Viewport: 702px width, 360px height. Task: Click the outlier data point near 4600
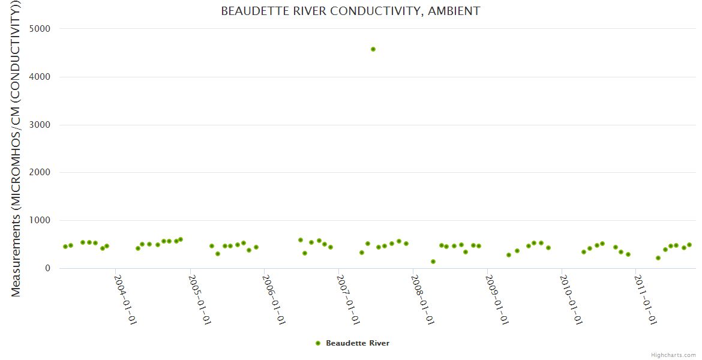click(x=373, y=49)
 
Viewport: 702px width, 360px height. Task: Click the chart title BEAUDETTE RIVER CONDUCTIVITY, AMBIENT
click(x=350, y=11)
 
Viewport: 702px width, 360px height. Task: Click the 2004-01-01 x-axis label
click(x=125, y=299)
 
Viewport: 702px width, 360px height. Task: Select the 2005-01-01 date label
click(x=200, y=299)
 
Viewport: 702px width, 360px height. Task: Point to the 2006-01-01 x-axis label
click(x=274, y=299)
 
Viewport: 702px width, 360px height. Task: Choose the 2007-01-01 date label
click(x=349, y=299)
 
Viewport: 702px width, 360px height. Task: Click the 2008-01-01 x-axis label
click(x=423, y=299)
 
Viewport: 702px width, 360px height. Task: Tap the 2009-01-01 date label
click(x=497, y=299)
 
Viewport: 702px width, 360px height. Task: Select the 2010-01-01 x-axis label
click(x=572, y=299)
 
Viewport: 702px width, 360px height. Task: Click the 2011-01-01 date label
click(x=646, y=299)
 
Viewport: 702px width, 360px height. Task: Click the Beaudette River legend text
click(x=358, y=343)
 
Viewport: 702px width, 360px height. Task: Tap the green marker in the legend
click(x=318, y=343)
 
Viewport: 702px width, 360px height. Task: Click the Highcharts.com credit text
click(x=673, y=355)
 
